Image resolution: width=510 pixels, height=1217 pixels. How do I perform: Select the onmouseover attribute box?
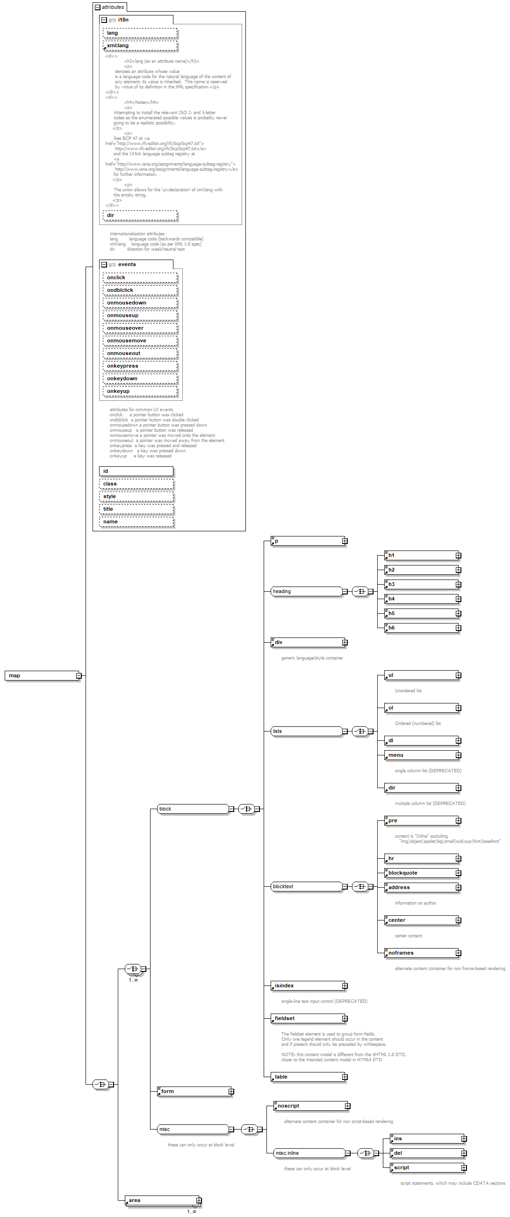[x=140, y=328]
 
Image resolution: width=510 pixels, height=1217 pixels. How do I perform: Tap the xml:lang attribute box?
[x=140, y=46]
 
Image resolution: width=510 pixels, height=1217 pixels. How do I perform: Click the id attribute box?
[x=136, y=471]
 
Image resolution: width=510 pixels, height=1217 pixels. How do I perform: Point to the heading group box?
[x=306, y=592]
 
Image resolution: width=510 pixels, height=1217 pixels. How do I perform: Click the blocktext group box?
[x=306, y=886]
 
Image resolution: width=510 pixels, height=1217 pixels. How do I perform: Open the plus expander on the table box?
[x=345, y=1077]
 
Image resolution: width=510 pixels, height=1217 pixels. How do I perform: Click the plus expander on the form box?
[x=231, y=1091]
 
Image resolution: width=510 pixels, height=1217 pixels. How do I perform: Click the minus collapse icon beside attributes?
[x=98, y=7]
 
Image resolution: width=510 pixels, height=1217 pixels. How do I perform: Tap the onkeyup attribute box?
[x=140, y=391]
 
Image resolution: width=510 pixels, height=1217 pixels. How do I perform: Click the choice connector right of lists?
[x=360, y=732]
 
